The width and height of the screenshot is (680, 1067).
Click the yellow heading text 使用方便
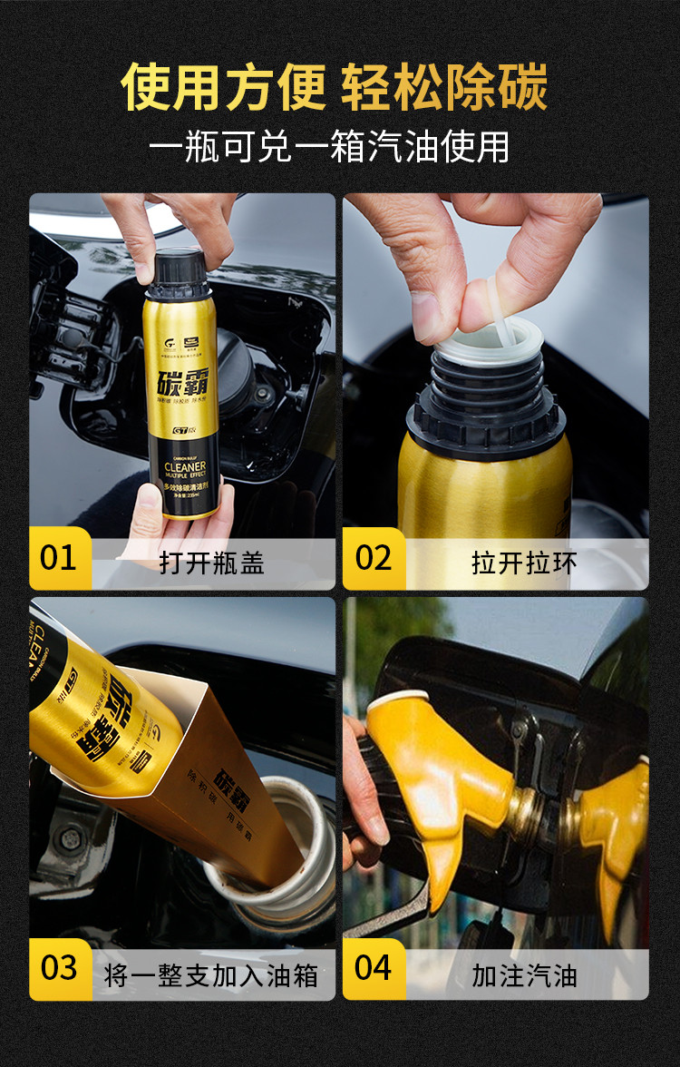[x=223, y=88]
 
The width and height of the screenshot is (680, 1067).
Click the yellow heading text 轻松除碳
[x=444, y=88]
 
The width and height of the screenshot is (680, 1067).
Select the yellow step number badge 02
[x=374, y=558]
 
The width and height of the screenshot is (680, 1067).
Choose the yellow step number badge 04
[x=374, y=968]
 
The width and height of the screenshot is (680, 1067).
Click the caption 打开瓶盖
[x=211, y=563]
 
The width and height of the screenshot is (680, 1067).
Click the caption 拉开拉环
[x=524, y=563]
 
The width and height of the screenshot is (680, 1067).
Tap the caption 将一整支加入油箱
[x=211, y=975]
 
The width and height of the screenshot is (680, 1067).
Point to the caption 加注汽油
[x=524, y=975]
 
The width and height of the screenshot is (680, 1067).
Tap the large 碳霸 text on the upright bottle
[x=180, y=372]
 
